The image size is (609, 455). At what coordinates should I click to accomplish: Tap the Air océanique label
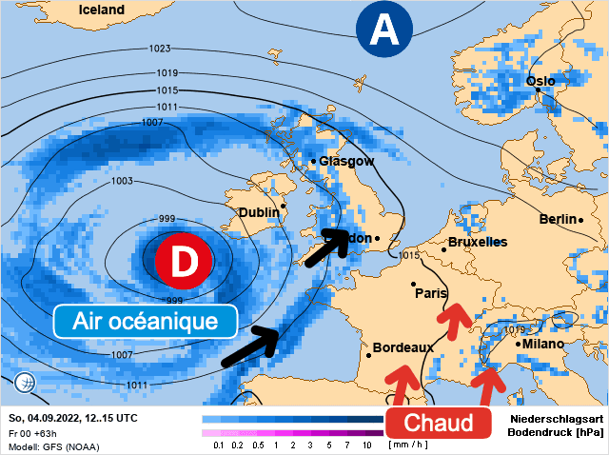pyautogui.click(x=146, y=321)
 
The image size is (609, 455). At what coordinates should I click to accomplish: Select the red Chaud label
pyautogui.click(x=439, y=422)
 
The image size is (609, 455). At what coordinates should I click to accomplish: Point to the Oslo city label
pyautogui.click(x=540, y=82)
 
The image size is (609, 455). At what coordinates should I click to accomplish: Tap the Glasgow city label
pyautogui.click(x=346, y=161)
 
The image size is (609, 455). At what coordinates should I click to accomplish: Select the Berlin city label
pyautogui.click(x=558, y=219)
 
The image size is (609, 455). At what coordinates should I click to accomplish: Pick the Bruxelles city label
pyautogui.click(x=477, y=243)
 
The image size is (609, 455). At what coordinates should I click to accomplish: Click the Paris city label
pyautogui.click(x=431, y=293)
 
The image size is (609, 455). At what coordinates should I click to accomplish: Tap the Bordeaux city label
pyautogui.click(x=403, y=347)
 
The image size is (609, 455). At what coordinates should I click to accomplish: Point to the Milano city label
pyautogui.click(x=543, y=343)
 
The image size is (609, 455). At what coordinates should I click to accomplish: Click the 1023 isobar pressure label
pyautogui.click(x=160, y=49)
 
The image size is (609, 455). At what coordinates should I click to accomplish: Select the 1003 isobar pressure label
pyautogui.click(x=122, y=181)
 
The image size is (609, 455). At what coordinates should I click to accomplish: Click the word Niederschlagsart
pyautogui.click(x=557, y=419)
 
